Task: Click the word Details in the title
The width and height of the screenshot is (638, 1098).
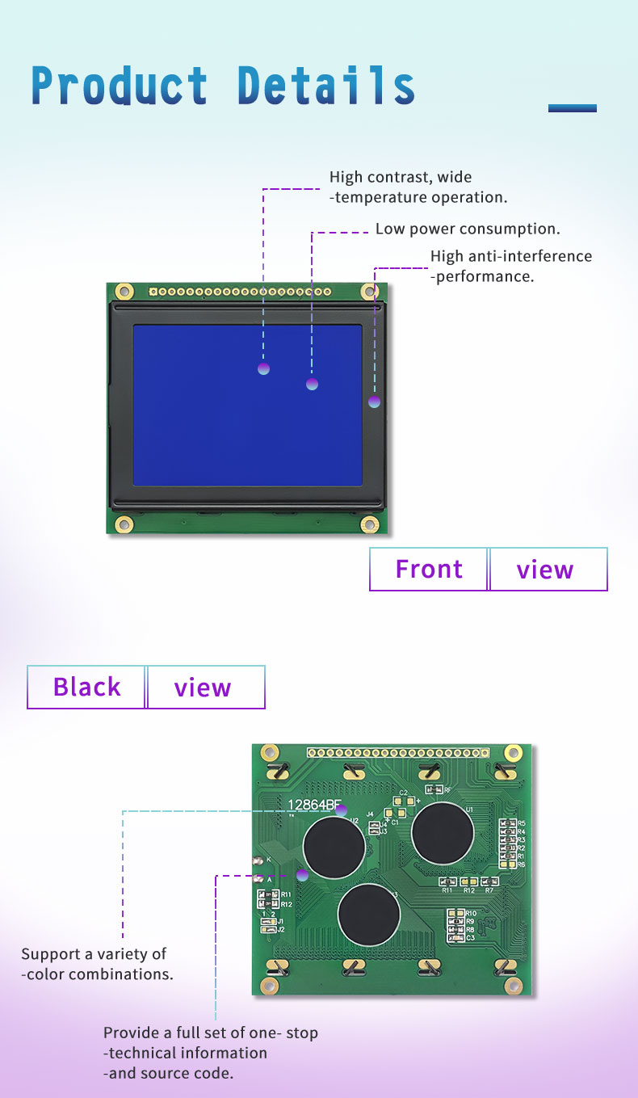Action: (x=326, y=86)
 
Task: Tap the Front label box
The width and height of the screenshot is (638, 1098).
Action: (x=429, y=570)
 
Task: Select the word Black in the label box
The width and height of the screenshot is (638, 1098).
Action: (x=86, y=688)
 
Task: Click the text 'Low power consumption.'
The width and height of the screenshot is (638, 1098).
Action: (x=468, y=229)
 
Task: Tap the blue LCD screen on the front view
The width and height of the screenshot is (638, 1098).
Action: (x=247, y=405)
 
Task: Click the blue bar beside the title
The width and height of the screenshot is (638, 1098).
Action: (x=572, y=108)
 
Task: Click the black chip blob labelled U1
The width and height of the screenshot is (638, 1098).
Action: (x=443, y=833)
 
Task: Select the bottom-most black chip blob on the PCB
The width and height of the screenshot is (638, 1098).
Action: (x=369, y=915)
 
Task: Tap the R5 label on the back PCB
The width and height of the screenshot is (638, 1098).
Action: (x=522, y=822)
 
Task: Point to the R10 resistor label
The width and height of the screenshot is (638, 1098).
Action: (x=470, y=913)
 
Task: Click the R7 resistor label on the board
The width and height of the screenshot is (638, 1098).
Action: (x=489, y=890)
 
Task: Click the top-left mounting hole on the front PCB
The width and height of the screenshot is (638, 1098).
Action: (x=124, y=291)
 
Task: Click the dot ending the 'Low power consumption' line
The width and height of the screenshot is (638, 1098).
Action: (x=313, y=384)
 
